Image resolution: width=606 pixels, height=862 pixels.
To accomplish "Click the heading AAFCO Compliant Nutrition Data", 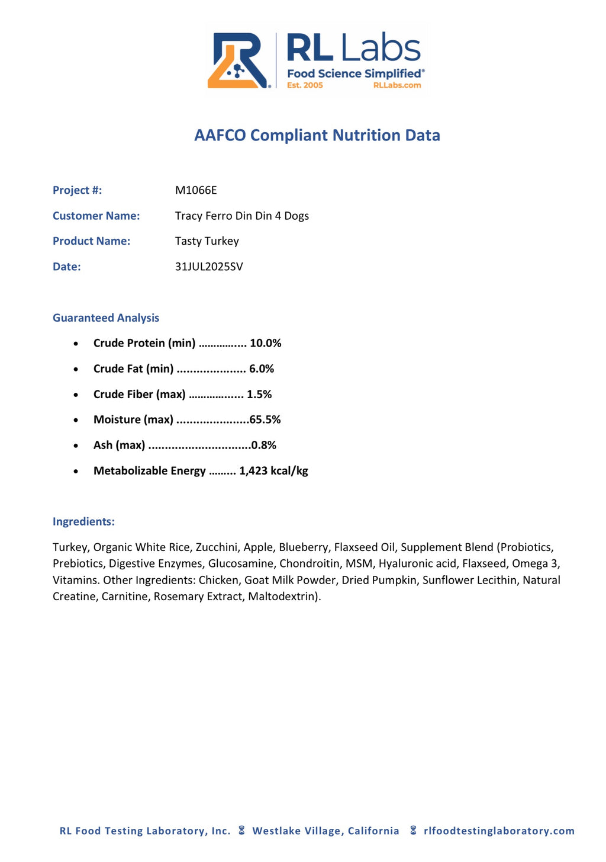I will [x=317, y=135].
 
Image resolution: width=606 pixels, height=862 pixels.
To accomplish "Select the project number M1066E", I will [x=196, y=190].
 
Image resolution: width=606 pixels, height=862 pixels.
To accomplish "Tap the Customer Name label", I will [x=96, y=216].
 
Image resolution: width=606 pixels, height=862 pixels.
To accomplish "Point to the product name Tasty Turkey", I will [x=207, y=241].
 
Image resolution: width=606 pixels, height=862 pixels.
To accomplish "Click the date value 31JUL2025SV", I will [x=209, y=267].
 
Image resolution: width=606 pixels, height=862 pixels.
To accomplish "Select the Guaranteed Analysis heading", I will [x=106, y=318].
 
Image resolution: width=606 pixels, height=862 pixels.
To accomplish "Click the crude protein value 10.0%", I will [x=266, y=343].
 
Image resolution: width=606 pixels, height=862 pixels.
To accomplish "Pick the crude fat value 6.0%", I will [x=262, y=368].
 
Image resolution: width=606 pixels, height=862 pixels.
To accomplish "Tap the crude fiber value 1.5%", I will [x=259, y=394].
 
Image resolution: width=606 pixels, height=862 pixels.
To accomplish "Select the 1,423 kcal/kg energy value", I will [x=273, y=470].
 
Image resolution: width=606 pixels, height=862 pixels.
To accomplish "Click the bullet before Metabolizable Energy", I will [x=76, y=472].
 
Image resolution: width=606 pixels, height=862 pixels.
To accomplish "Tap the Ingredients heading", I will [x=83, y=521].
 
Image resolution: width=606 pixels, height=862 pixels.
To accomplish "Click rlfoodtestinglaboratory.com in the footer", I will [x=499, y=831].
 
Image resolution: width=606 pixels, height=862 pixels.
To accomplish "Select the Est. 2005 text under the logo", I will [x=305, y=85].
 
